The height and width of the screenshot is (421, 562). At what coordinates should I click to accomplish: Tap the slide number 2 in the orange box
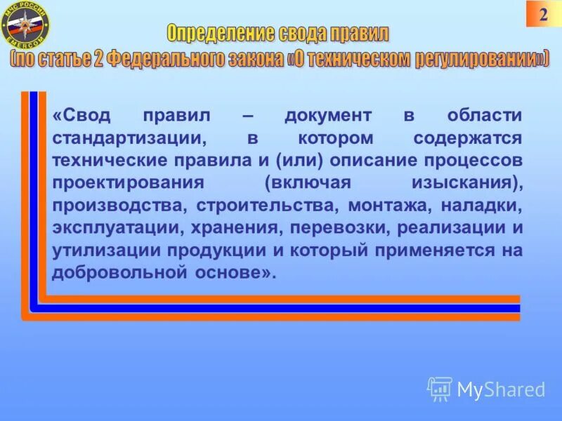click(x=543, y=15)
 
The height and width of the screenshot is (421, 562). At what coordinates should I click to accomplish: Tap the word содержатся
click(x=468, y=138)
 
